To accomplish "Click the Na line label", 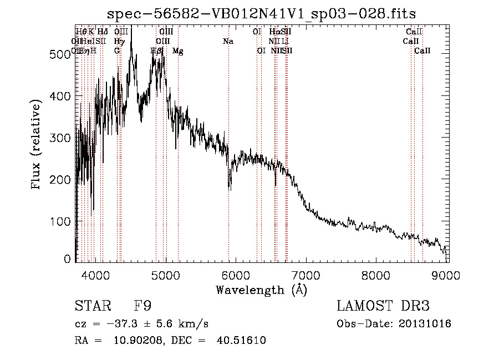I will tap(228, 41).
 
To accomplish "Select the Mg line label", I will tap(177, 50).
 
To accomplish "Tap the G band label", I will tap(117, 50).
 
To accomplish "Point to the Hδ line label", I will tap(103, 32).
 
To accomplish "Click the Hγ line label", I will tap(119, 41).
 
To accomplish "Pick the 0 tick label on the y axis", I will tap(67, 259).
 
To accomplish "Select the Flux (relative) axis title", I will tap(37, 145).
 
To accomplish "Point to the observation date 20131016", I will tap(424, 323).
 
